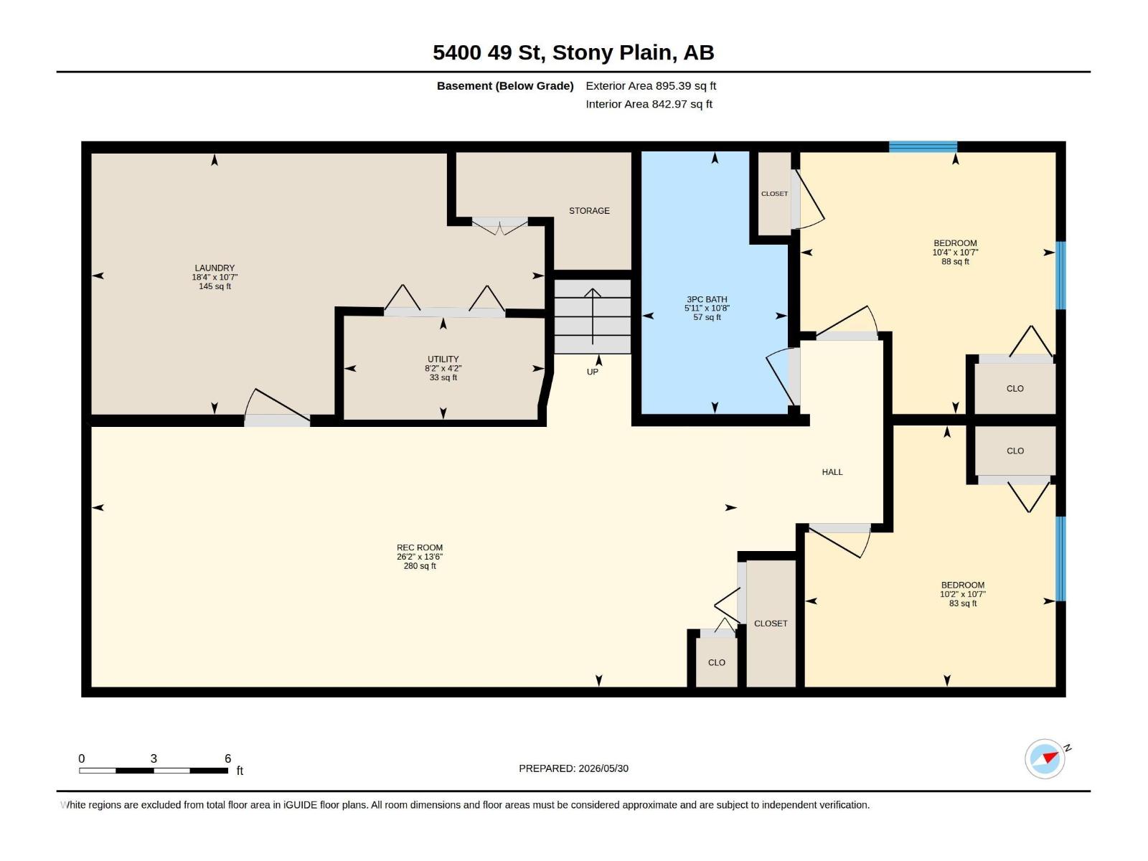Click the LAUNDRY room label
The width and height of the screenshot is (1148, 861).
pos(215,268)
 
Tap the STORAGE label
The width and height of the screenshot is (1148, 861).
pos(590,211)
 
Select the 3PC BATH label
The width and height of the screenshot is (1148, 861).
pos(707,299)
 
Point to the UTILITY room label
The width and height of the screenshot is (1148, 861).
pos(443,359)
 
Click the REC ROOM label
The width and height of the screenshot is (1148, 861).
pos(420,548)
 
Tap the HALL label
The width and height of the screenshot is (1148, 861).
pos(832,472)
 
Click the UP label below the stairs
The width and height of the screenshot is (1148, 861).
pos(592,372)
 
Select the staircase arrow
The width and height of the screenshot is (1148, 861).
pos(593,316)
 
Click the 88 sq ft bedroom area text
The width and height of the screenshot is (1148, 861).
pos(955,261)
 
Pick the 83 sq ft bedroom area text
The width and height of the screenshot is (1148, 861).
pos(962,603)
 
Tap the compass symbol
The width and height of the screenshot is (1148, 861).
pos(1045,759)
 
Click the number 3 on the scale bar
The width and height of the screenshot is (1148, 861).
pos(154,758)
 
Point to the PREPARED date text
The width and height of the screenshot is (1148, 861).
pos(574,768)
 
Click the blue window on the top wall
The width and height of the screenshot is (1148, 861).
pos(923,147)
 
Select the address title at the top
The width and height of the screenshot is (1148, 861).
pos(573,52)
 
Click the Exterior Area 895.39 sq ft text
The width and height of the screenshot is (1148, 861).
pos(651,85)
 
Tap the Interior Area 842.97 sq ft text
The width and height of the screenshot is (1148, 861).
pos(649,104)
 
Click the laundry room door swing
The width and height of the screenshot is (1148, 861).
pos(277,407)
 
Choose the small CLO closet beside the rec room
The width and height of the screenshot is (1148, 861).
pos(716,662)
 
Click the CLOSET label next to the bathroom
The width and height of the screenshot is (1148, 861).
pos(774,194)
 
